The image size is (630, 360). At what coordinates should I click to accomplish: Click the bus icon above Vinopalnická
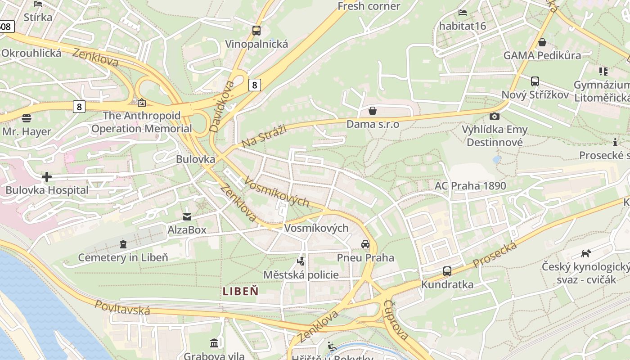coord(256,31)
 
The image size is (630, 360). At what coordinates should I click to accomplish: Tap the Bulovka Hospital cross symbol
coord(47,177)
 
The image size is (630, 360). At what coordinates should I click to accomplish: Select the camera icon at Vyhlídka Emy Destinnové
coord(494,117)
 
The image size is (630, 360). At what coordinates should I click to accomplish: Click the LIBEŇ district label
coord(241,291)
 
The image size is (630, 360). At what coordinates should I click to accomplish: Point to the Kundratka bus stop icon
coord(447,271)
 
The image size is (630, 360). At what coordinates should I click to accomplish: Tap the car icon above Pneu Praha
coord(365,244)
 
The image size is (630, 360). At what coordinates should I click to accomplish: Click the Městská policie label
coord(301,274)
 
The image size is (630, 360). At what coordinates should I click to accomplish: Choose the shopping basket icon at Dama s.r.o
coord(373,111)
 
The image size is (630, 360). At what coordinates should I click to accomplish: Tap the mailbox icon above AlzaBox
coord(187,217)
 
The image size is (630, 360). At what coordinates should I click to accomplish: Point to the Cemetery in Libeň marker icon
coord(123,244)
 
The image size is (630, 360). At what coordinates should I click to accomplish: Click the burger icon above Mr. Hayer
coord(27,118)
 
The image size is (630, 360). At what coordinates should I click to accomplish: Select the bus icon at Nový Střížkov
coord(535,81)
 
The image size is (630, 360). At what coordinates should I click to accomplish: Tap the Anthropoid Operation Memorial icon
coord(142,103)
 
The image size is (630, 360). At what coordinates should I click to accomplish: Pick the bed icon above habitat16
coord(463,13)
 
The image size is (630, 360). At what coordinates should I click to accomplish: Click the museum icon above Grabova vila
coord(214,343)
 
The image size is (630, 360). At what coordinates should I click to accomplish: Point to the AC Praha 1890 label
coord(470,185)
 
